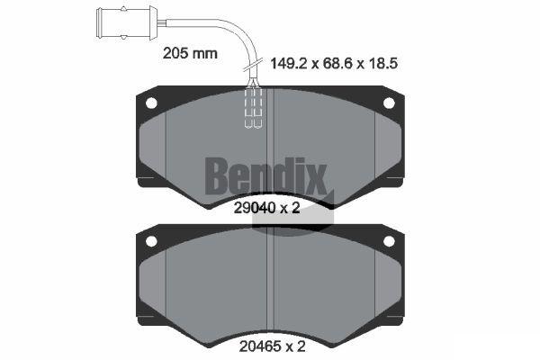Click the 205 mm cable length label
(x=190, y=53)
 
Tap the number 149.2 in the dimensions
(x=289, y=63)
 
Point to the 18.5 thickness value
(x=383, y=63)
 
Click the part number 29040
(x=255, y=208)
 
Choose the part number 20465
(x=260, y=346)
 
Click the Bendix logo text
(x=265, y=175)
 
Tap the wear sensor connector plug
(x=127, y=23)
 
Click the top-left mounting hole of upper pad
(x=151, y=103)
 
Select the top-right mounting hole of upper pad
(x=389, y=103)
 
